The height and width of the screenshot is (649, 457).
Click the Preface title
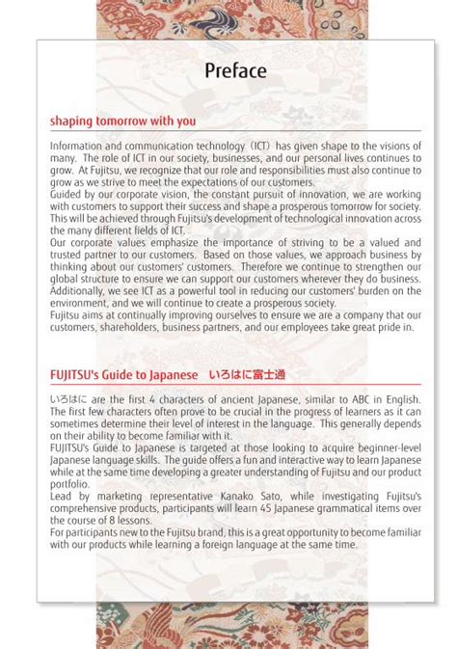click(235, 70)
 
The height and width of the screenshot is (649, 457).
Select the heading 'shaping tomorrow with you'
click(122, 122)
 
